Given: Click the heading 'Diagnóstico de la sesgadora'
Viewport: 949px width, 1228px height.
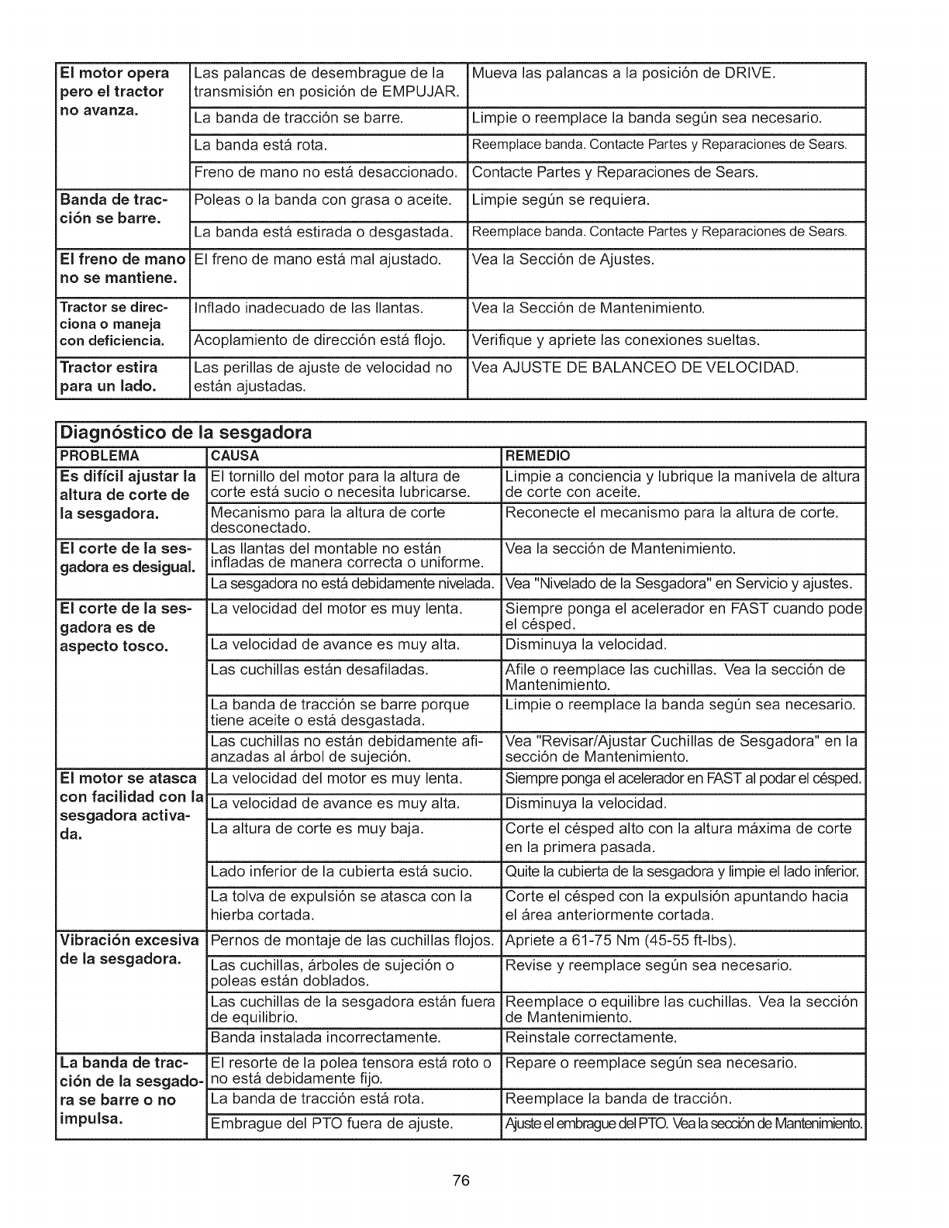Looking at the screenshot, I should (185, 433).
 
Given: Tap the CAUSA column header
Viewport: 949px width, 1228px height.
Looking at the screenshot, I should (235, 455).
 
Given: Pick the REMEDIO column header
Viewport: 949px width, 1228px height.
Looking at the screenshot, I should (537, 455).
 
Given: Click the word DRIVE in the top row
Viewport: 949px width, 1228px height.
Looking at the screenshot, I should (747, 74).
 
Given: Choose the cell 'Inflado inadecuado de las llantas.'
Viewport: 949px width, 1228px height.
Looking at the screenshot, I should (309, 309).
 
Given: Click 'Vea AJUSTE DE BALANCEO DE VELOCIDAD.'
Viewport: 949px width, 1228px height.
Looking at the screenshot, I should (634, 367).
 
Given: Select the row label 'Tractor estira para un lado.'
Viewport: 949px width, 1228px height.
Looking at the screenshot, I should (109, 376).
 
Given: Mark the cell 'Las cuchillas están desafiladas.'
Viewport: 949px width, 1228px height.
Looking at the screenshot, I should (319, 669).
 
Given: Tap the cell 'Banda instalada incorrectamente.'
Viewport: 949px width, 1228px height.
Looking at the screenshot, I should (326, 1037).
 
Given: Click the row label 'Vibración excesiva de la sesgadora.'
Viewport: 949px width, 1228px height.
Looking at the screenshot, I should (129, 950).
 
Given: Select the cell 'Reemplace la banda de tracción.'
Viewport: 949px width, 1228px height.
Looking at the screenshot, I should (618, 1099).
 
